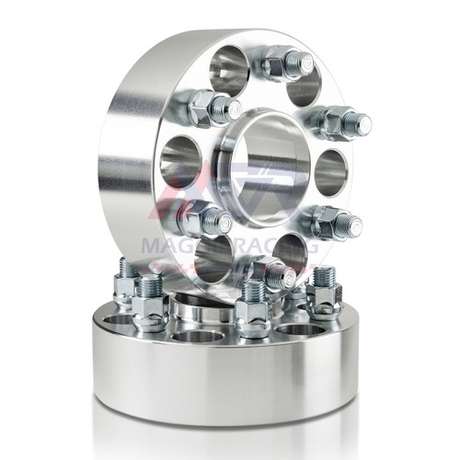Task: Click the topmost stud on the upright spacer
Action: (287, 63)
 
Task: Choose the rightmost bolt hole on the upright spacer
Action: (329, 170)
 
